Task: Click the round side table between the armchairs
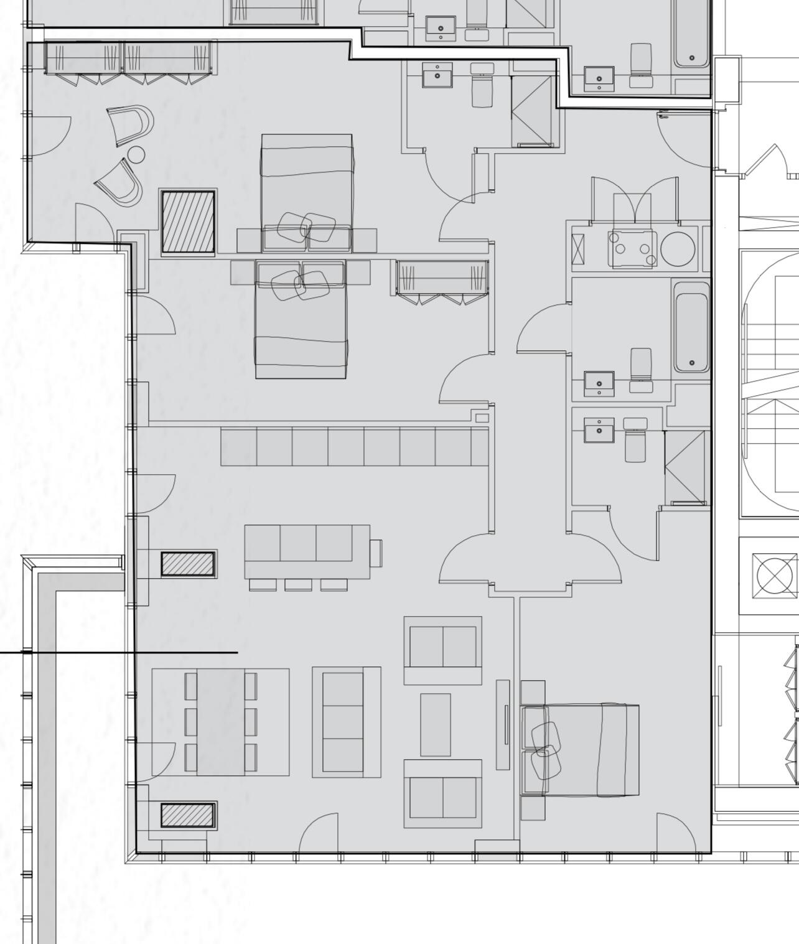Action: (136, 154)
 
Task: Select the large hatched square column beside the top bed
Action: (188, 222)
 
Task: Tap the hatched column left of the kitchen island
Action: (188, 564)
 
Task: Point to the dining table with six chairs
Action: (221, 722)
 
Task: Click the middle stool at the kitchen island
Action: (298, 584)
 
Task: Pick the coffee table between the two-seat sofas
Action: (435, 724)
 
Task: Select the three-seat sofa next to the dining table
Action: (345, 722)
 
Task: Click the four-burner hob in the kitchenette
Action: (632, 248)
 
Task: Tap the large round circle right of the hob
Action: (678, 248)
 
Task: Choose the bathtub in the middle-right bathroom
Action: (691, 327)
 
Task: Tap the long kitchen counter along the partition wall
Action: (354, 446)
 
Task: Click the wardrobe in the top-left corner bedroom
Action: (129, 58)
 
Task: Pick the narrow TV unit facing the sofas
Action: (503, 724)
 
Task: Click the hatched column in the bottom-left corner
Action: (188, 815)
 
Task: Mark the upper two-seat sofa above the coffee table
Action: (442, 650)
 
